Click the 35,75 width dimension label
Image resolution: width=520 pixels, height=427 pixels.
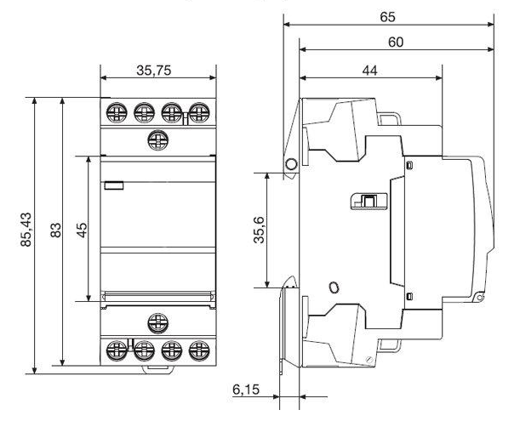[x=154, y=71]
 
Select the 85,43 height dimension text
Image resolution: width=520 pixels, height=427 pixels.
[x=26, y=230]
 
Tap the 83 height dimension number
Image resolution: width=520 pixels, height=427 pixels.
[x=55, y=230]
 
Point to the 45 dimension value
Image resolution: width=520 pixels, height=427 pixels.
[x=82, y=230]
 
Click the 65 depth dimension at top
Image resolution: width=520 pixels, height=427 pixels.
[x=388, y=17]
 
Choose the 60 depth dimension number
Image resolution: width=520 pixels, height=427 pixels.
[x=396, y=42]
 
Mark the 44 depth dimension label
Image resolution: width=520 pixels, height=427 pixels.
[x=369, y=71]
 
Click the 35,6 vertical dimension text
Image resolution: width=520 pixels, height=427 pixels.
[x=259, y=230]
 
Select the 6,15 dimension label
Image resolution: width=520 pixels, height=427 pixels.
[x=246, y=390]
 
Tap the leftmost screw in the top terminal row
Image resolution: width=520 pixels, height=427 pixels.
[x=117, y=113]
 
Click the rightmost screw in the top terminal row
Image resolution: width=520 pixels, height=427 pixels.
[x=199, y=113]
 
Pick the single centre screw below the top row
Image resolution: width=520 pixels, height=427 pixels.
[x=157, y=139]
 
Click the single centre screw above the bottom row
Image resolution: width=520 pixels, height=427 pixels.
[x=157, y=323]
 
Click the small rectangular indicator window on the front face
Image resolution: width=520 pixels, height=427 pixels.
[x=114, y=185]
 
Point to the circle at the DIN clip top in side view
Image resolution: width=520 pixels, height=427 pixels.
[x=291, y=164]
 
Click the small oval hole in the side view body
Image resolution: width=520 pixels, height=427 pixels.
[x=334, y=288]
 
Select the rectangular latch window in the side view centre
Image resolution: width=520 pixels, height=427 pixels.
[x=369, y=202]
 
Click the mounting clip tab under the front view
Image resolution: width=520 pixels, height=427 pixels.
[x=158, y=369]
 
